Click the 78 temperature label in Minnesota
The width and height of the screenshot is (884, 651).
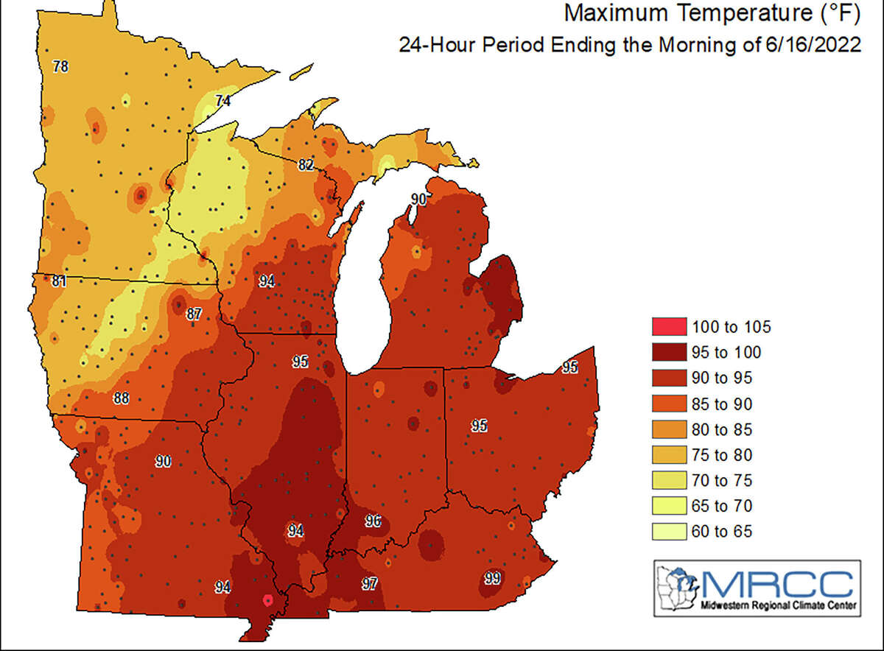[x=61, y=67]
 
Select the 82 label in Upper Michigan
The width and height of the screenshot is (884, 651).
[x=306, y=165]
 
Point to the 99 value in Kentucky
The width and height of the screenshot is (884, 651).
[x=491, y=577]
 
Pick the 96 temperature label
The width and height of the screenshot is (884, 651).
[x=373, y=521]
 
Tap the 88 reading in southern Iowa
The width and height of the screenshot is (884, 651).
[x=122, y=398]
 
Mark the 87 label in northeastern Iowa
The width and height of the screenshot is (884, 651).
[x=193, y=314]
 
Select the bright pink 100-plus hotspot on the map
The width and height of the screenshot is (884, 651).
[x=268, y=601]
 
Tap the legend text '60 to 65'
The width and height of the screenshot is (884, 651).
[x=721, y=532]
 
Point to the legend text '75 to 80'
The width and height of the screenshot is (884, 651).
[x=721, y=455]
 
